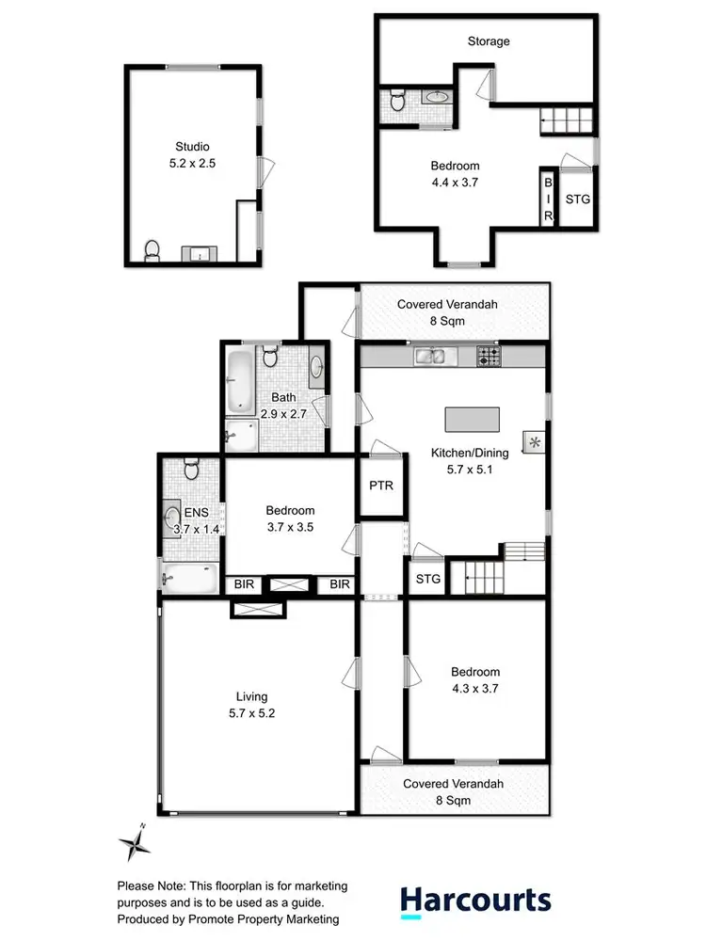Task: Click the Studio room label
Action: point(191,146)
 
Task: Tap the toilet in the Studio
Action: point(152,250)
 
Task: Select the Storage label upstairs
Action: point(489,41)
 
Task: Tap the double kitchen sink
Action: point(436,357)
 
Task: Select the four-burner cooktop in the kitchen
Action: point(489,357)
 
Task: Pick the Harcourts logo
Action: point(475,900)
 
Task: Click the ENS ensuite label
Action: point(195,513)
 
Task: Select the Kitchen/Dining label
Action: point(474,454)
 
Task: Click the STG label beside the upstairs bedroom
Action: point(577,199)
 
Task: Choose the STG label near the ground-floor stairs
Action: point(428,579)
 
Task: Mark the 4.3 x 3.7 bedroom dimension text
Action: point(474,689)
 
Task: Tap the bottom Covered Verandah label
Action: point(453,783)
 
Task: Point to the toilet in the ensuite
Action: point(191,470)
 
